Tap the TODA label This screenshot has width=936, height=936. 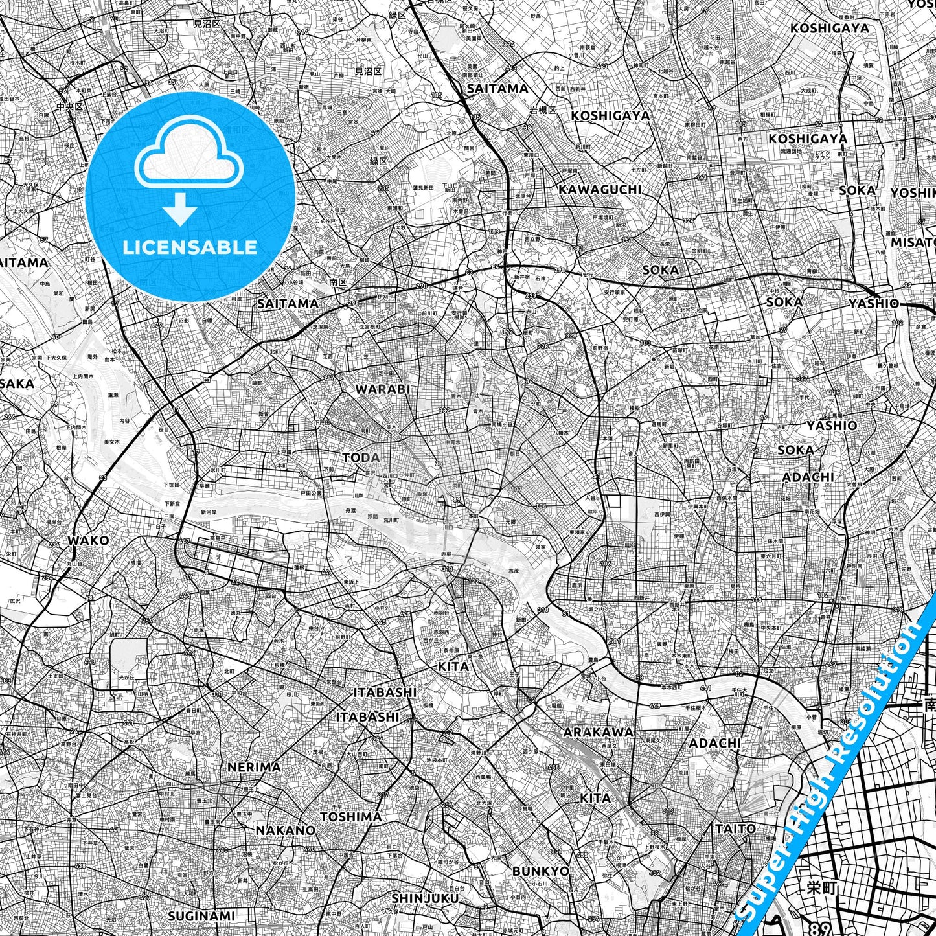point(361,458)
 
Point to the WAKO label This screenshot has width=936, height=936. point(88,540)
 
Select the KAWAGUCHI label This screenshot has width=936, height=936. point(600,189)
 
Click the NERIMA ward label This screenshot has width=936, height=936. point(254,767)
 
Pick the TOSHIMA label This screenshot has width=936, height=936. point(351,817)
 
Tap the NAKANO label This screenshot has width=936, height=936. point(285,830)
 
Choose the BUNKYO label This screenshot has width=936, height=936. point(541,871)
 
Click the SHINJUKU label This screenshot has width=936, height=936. point(425,898)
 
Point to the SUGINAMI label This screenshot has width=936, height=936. point(201,916)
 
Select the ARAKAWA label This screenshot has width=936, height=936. point(599,732)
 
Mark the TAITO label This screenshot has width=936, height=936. point(735,828)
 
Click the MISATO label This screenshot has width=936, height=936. point(913,242)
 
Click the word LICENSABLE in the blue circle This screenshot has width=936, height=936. point(190,247)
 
